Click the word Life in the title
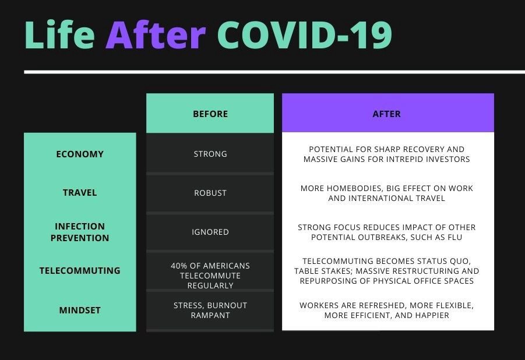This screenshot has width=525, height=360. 59,34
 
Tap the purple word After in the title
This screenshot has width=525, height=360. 156,34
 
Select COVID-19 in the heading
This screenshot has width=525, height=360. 305,34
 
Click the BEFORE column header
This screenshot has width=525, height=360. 210,114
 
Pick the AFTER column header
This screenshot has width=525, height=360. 386,114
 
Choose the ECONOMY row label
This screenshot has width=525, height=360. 80,154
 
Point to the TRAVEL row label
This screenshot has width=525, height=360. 80,193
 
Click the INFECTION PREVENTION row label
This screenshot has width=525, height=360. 80,232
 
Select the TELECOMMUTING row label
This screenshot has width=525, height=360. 80,271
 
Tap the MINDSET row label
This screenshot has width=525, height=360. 80,310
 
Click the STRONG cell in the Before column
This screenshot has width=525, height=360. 210,154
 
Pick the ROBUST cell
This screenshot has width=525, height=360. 210,193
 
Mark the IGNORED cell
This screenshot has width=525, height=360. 210,232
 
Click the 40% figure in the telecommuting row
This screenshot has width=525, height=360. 179,266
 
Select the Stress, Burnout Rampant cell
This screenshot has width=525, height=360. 210,310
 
